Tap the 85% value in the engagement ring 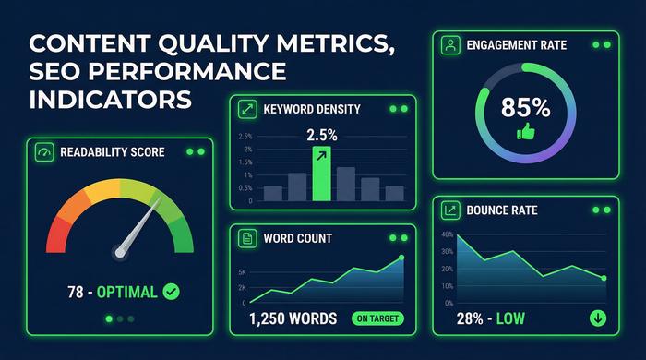tap(525, 108)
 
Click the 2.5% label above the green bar tap(321, 135)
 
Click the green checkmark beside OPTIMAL tap(171, 292)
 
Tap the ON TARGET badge tap(377, 319)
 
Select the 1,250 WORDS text tap(294, 319)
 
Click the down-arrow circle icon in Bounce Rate tap(597, 318)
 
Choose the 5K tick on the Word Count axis tap(242, 272)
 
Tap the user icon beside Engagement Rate tap(449, 43)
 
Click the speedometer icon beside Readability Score tap(42, 151)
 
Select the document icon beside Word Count tap(245, 238)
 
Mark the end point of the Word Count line tap(401, 258)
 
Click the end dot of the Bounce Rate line tap(604, 278)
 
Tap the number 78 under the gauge tap(77, 292)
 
